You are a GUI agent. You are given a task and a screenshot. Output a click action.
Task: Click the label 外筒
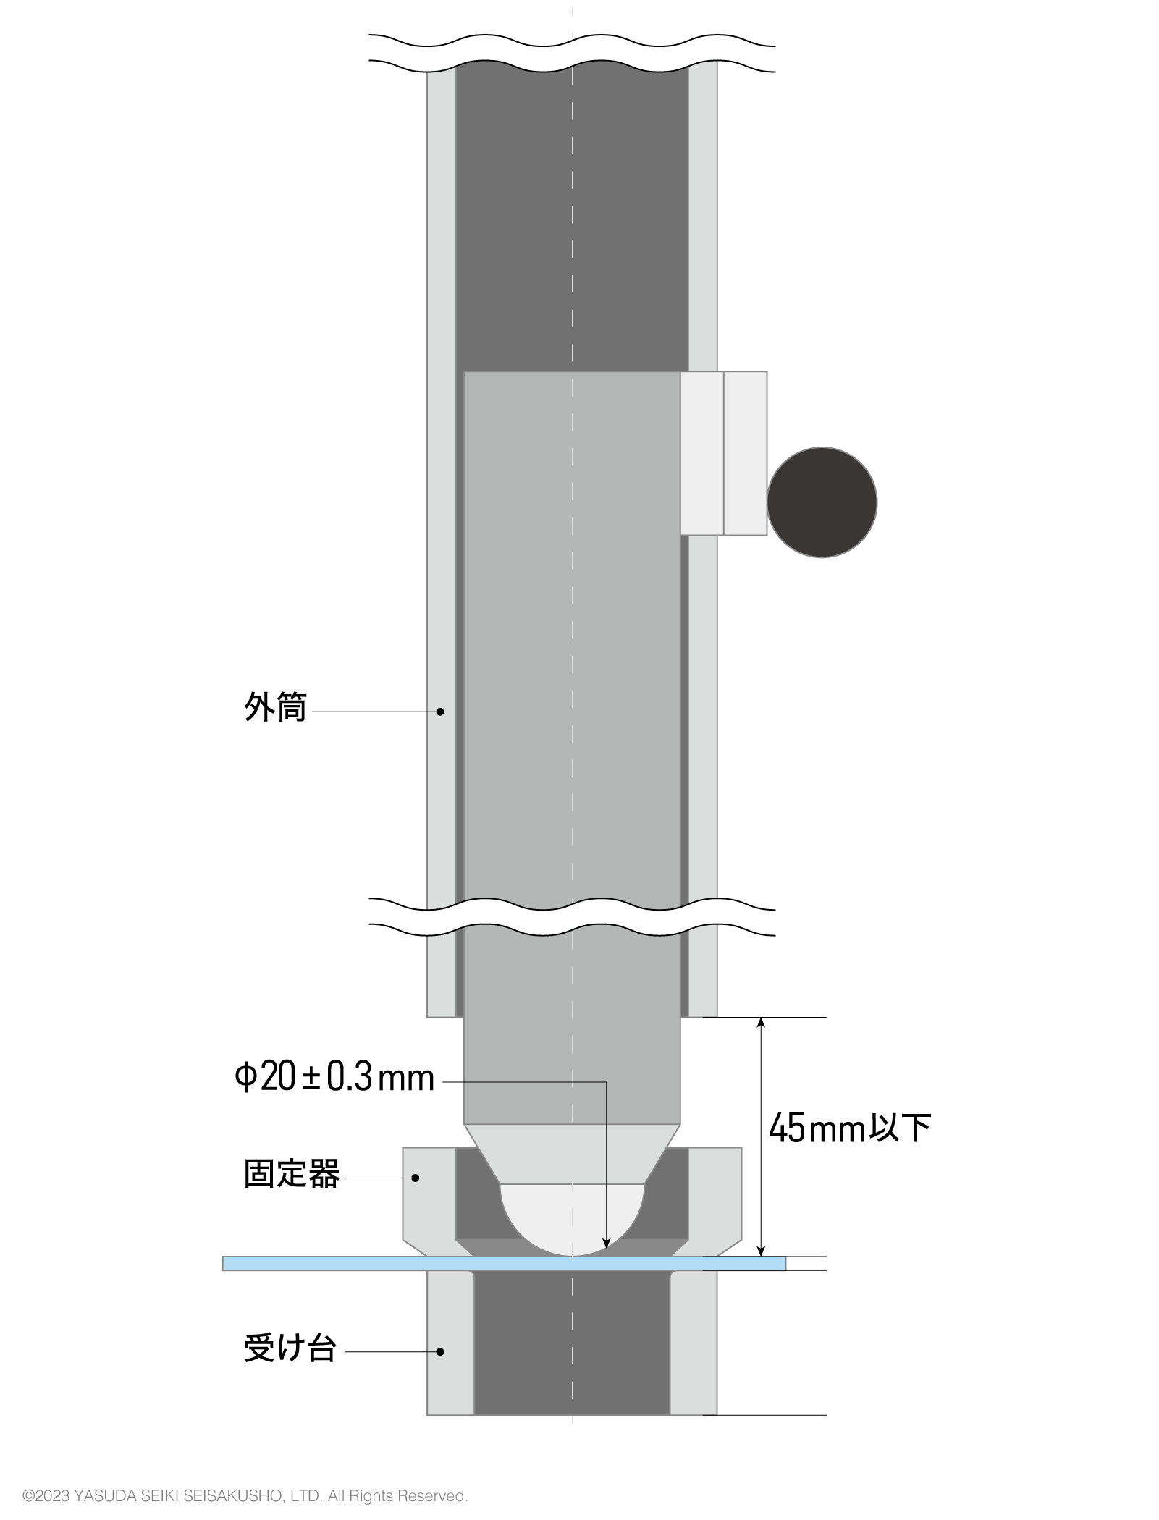click(x=275, y=707)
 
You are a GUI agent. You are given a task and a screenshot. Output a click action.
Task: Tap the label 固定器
click(x=291, y=1174)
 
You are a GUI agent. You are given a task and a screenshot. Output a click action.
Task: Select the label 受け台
click(x=290, y=1348)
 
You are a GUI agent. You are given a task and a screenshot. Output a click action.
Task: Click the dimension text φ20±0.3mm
click(x=334, y=1078)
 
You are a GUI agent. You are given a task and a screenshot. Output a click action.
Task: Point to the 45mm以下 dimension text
click(x=849, y=1128)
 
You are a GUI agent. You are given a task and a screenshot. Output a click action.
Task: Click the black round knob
click(x=822, y=502)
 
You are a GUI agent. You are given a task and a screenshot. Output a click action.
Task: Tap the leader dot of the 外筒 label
click(x=440, y=712)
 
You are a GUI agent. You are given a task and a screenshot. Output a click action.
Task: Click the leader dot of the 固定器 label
click(x=416, y=1178)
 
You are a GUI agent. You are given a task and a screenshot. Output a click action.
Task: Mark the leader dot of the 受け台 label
click(x=440, y=1351)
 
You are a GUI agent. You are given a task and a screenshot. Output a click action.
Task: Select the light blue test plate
click(x=362, y=1263)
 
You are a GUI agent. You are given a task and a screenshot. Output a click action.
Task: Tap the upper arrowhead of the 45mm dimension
click(x=761, y=1023)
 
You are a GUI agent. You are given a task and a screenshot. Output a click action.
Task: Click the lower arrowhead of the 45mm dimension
click(x=761, y=1251)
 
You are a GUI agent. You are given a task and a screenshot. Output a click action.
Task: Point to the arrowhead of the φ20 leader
click(x=607, y=1245)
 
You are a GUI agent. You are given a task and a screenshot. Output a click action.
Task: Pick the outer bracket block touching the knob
click(x=745, y=453)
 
